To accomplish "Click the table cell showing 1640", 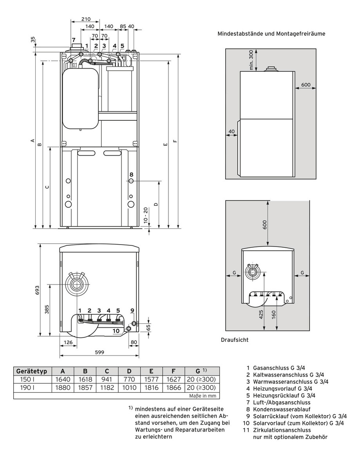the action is pos(63,379).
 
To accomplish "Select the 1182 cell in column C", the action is pos(107,388).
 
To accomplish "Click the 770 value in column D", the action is pos(129,379).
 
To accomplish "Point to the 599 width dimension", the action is pos(99,352).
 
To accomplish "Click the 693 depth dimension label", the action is pos(37,290).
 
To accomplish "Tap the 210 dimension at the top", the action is pos(86,19).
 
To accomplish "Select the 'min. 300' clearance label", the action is pos(251,60).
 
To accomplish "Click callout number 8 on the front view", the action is pos(131,174).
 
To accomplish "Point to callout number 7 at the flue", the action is pos(73,40).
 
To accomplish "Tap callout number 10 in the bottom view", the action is pos(116,331).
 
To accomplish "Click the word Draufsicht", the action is pos(235,340).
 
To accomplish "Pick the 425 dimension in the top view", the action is pos(261,314).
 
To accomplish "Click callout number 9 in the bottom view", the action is pos(132,310).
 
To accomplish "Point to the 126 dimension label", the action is pos(68,342).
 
